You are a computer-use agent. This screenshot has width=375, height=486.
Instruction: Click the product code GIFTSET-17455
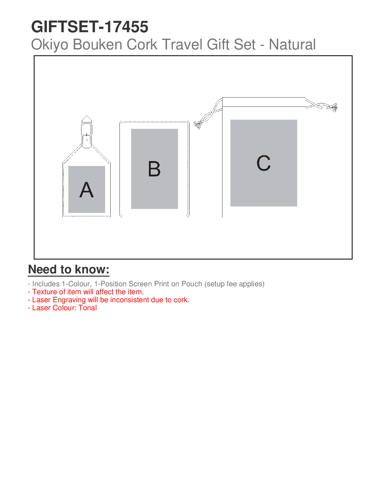(89, 27)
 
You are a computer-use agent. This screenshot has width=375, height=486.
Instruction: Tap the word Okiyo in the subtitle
(50, 44)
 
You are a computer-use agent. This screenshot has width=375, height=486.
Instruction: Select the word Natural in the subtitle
(292, 44)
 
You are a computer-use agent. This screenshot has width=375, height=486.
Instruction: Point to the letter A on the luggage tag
(86, 190)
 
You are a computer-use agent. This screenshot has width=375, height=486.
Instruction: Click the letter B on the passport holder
(154, 169)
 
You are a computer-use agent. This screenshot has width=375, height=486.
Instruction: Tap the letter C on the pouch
(263, 163)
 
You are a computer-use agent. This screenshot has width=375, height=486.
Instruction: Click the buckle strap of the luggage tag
(87, 132)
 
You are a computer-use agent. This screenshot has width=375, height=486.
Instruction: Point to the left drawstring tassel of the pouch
(198, 125)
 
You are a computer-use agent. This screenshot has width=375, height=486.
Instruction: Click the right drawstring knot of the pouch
(333, 107)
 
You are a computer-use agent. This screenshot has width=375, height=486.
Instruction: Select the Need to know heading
(69, 269)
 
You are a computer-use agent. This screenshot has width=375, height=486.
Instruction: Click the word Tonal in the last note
(88, 308)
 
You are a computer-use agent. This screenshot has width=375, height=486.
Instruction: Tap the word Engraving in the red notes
(69, 300)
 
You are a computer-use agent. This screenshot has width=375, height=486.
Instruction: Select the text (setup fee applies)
(234, 284)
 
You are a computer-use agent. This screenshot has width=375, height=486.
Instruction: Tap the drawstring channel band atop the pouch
(264, 102)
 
